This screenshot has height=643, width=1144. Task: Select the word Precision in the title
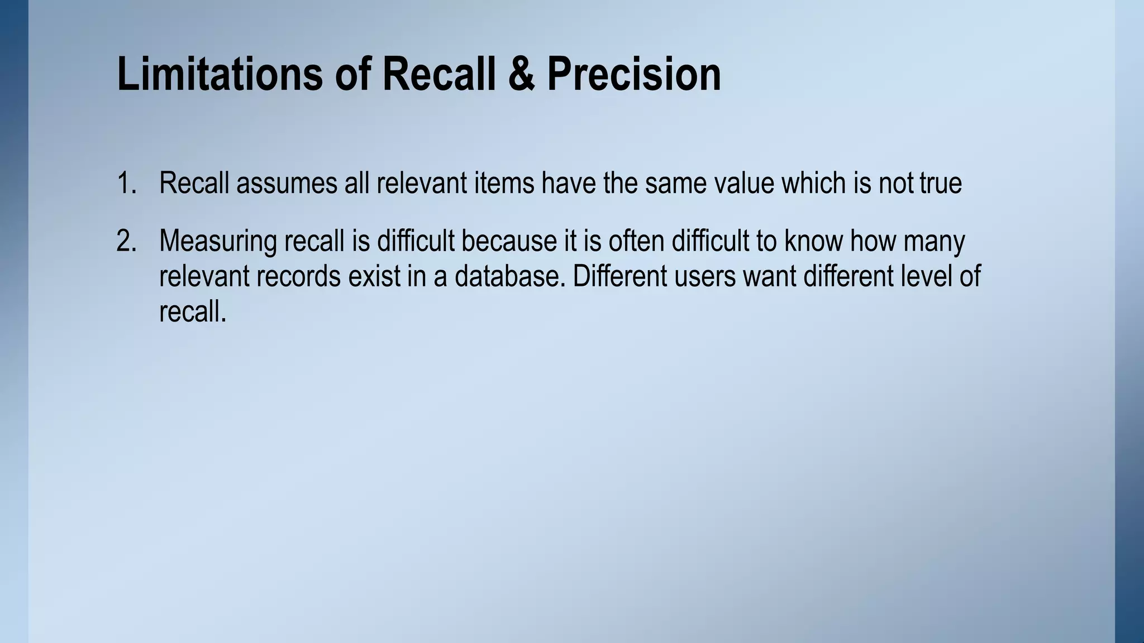tap(634, 74)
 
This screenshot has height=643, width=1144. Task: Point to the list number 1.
tap(126, 183)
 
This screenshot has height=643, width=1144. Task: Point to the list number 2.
tap(126, 241)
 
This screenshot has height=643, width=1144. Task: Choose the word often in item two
tap(636, 241)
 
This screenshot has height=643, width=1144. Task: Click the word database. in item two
tap(510, 277)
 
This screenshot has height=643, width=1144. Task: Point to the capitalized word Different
tap(619, 277)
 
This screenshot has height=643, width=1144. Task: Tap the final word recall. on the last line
tap(193, 311)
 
